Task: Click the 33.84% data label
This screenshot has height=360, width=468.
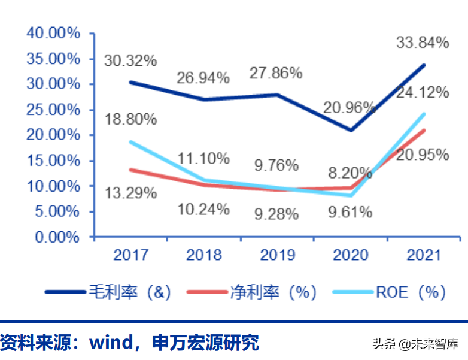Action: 422,43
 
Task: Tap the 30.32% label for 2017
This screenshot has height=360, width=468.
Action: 130,60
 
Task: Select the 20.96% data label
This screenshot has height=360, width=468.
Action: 350,108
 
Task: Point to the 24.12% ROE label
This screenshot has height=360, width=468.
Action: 423,92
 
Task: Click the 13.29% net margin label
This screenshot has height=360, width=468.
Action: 130,193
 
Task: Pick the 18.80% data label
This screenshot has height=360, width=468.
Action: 130,119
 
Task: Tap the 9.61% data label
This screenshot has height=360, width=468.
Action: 350,212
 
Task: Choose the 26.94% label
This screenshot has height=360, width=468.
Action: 203,78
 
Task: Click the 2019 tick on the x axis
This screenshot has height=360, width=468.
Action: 277,255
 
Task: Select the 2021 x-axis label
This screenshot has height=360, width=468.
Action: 423,255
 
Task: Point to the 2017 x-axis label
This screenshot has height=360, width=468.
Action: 131,255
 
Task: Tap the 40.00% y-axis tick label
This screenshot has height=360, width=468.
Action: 53,33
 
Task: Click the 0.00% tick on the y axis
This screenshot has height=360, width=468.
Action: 56,237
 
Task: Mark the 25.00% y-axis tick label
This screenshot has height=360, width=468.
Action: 53,110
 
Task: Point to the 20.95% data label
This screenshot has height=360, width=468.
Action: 423,155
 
